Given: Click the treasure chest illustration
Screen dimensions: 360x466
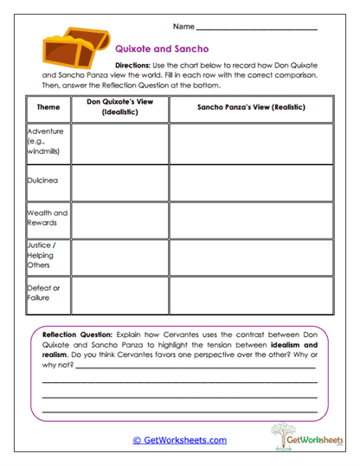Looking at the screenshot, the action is coord(66,49).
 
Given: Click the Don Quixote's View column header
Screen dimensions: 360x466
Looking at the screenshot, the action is coord(119,108).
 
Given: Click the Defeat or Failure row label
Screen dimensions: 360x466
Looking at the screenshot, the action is coord(44,293).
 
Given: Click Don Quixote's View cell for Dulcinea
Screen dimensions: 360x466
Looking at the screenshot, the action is coord(119,182).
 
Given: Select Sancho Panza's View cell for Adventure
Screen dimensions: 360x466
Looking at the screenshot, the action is coord(251,143).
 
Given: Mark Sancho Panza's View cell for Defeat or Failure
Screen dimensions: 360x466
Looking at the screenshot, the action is coord(251,295).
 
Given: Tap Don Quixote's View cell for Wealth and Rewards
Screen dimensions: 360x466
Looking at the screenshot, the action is coord(119,220).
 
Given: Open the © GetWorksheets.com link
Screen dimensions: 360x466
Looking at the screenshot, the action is coord(179,440).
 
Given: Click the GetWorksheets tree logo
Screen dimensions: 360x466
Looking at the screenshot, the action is coord(295,436).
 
